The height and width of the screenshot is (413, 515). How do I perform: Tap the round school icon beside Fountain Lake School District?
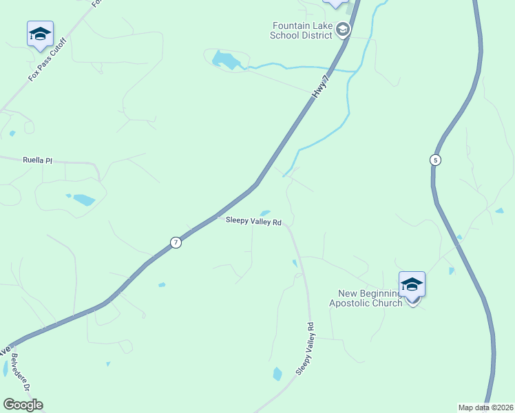click(343, 30)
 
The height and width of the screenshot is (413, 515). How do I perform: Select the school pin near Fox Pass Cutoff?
click(40, 34)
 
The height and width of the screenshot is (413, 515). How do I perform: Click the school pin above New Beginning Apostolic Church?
click(412, 284)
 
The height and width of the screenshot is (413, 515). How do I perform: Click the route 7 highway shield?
click(176, 242)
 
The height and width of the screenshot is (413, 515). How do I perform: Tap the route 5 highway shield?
click(435, 160)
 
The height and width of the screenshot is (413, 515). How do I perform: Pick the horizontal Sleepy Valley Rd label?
click(254, 222)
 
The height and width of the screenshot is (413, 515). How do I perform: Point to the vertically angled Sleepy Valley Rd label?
click(305, 348)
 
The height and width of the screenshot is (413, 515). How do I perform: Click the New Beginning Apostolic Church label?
click(365, 298)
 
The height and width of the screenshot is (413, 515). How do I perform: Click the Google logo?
click(23, 405)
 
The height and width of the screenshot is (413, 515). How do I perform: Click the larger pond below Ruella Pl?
click(84, 200)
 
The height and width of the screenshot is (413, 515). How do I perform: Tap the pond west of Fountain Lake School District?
click(226, 60)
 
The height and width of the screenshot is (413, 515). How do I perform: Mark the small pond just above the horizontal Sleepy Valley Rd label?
click(265, 213)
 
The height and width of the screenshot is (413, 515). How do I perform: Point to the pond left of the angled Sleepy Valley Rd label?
click(277, 374)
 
